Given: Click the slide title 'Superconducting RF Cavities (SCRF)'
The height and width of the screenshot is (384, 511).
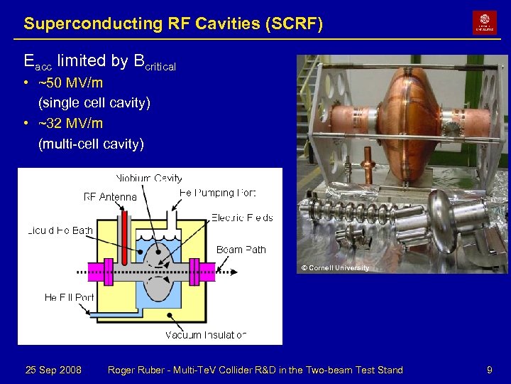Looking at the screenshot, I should click(173, 23).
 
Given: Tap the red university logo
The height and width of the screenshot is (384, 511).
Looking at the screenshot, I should click(485, 23).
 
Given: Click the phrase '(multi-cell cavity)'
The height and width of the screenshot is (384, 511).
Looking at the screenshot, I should click(91, 144).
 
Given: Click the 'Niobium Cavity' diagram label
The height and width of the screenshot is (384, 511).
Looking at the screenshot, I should click(149, 178).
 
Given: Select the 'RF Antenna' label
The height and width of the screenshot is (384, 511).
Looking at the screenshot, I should click(110, 196).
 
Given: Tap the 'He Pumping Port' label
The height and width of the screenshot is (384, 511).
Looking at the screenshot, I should click(217, 193).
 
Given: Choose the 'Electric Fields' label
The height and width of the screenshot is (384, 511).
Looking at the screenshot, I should click(241, 218).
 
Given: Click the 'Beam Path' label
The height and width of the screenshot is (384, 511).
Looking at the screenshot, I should click(241, 250).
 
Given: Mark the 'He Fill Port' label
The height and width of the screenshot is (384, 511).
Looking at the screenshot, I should click(70, 297).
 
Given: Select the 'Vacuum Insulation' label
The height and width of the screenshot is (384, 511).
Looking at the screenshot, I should click(206, 334).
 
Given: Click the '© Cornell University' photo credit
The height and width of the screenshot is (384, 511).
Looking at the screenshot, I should click(334, 268).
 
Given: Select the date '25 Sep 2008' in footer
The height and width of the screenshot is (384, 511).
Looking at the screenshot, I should click(53, 370).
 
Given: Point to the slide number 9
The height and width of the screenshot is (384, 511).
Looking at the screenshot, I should click(489, 370).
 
